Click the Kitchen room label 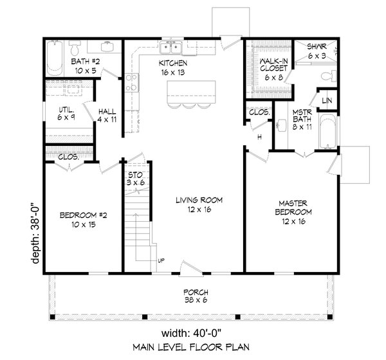(x=172, y=69)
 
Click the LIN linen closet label (x=327, y=100)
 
